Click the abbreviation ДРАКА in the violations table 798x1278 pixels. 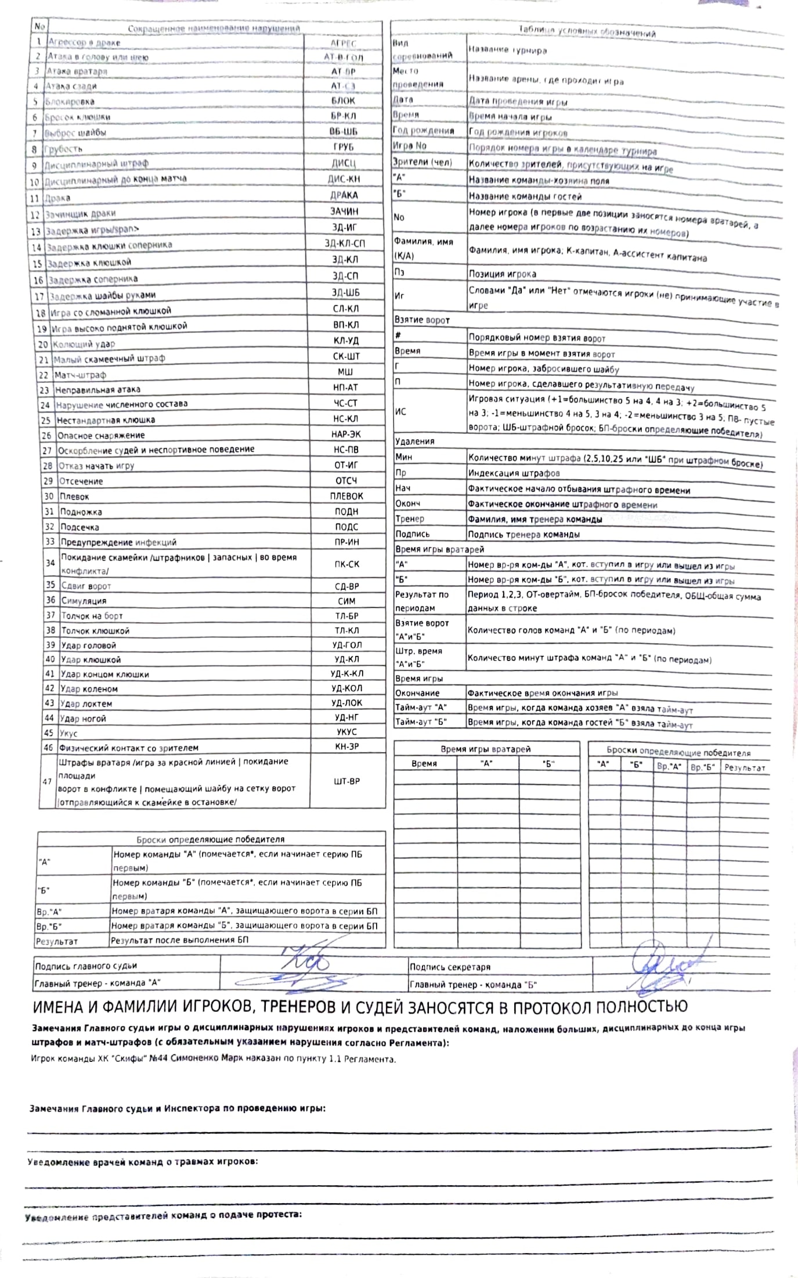coord(344,195)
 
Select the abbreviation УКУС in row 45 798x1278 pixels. coord(346,732)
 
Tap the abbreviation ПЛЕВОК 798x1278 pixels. coord(346,496)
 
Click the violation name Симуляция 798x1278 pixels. coord(84,601)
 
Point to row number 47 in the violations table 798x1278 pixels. coord(48,781)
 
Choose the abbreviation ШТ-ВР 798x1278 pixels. coord(347,781)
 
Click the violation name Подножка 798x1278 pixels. coord(81,512)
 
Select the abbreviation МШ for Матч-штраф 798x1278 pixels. coord(345,372)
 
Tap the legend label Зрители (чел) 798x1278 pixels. coord(422,162)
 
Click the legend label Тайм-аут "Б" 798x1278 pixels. coord(421,722)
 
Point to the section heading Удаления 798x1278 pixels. coord(414,441)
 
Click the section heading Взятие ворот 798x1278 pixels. coord(422,320)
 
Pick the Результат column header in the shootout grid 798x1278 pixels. coord(745,768)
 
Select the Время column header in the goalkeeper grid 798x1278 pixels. coord(424,763)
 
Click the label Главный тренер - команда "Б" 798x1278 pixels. coord(473,985)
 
